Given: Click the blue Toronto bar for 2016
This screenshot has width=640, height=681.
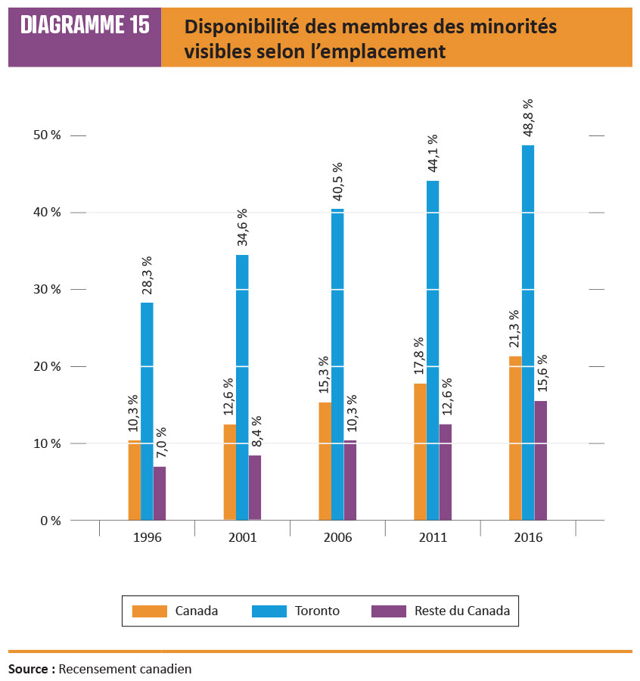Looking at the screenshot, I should (528, 333).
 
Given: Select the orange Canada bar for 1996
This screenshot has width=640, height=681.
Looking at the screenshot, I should (134, 480).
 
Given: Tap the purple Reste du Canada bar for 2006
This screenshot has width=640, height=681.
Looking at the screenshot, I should (350, 480).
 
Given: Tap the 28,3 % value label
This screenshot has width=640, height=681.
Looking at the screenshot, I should (147, 277).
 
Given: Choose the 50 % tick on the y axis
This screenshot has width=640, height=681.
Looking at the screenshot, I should (45, 135).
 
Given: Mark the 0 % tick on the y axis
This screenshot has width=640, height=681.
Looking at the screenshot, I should (50, 521).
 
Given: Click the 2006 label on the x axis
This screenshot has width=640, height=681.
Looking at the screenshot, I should (337, 538).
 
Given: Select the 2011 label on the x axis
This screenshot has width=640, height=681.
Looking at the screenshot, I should (433, 538).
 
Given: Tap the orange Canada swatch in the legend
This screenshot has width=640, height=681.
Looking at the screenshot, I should (148, 611).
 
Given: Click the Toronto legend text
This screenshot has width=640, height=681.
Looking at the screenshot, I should (318, 611).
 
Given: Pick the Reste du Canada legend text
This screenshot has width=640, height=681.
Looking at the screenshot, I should (462, 611).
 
